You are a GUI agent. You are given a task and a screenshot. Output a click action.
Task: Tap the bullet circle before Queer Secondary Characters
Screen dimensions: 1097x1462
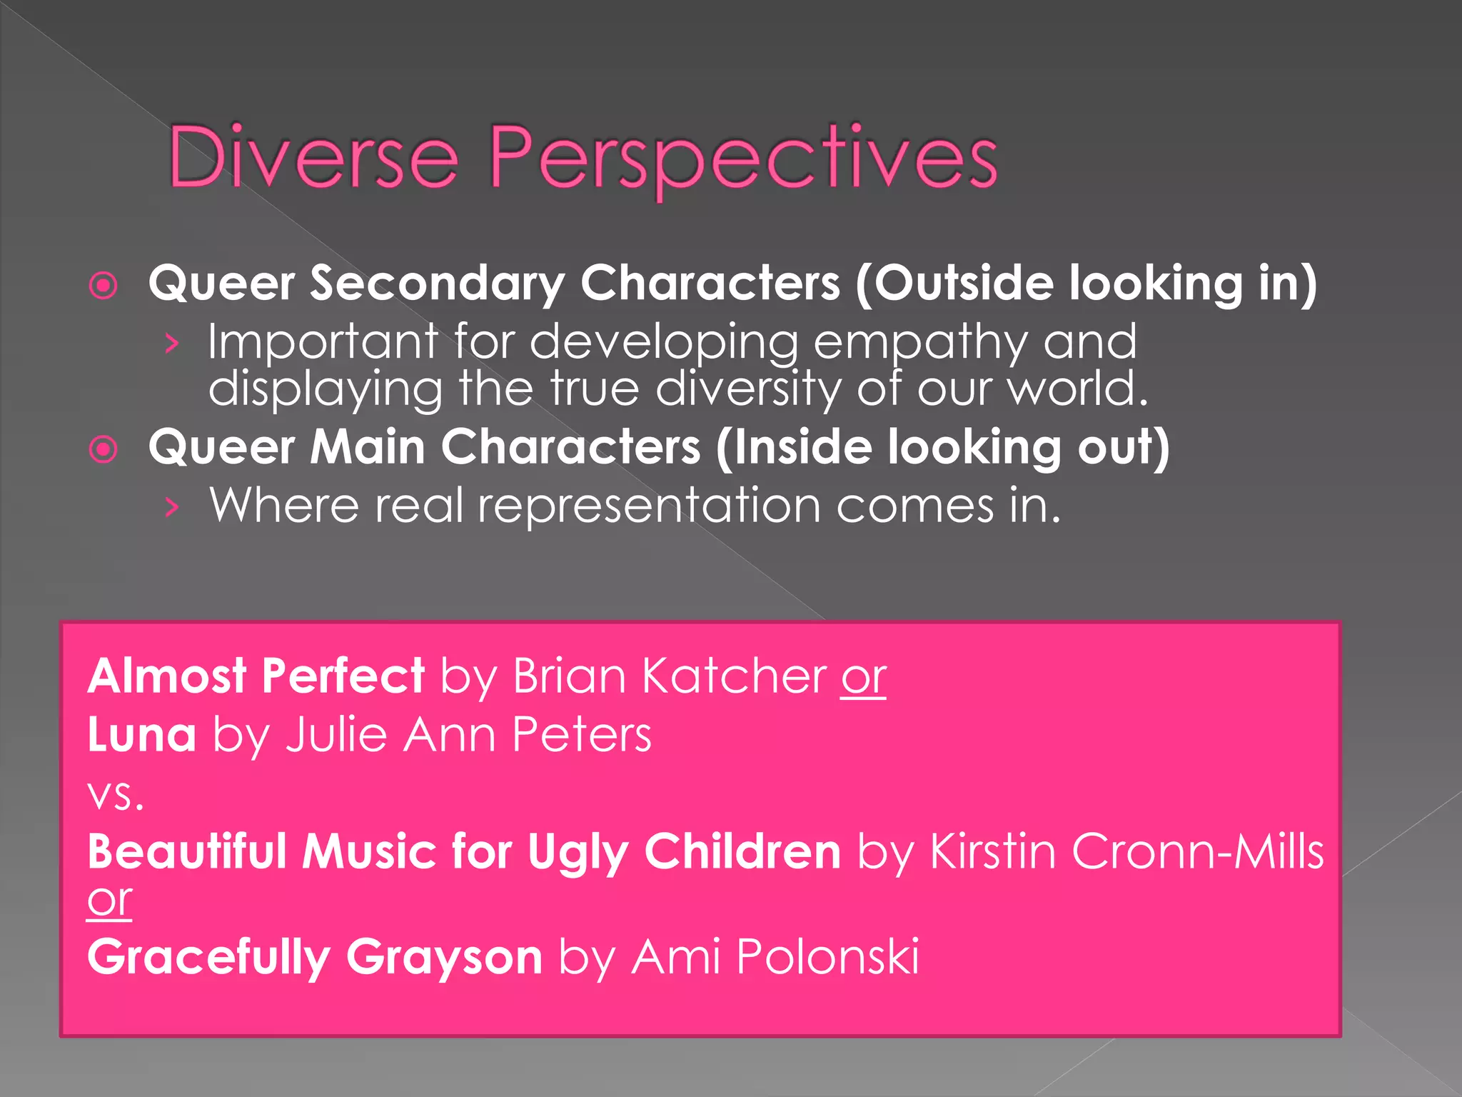pos(104,286)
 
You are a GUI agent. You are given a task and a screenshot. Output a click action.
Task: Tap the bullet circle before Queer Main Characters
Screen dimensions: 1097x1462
pos(104,450)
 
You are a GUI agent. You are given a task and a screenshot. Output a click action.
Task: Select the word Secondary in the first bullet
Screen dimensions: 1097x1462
pos(437,284)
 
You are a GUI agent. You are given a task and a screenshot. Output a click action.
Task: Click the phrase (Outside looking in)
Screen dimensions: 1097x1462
pos(1085,284)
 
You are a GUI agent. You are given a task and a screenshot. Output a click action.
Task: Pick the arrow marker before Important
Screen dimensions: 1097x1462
pos(171,344)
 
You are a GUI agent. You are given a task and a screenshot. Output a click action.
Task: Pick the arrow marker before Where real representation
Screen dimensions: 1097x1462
pos(171,508)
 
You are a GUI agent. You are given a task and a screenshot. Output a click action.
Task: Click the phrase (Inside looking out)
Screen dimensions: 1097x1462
pos(942,448)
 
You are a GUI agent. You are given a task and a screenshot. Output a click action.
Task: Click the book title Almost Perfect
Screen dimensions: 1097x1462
pos(256,676)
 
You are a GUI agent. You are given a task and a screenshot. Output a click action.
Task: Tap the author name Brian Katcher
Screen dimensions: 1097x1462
pos(669,676)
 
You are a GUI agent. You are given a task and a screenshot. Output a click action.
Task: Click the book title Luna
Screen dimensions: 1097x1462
pos(141,735)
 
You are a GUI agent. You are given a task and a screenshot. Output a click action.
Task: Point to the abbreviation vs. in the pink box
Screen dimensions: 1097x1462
pos(115,795)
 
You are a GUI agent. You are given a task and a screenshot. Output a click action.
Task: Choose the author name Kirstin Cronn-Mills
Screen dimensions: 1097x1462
pos(1126,852)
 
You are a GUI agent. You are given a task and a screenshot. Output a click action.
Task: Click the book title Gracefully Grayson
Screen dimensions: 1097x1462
pos(314,957)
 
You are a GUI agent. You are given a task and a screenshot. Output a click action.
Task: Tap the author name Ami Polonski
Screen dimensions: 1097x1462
pos(775,957)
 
